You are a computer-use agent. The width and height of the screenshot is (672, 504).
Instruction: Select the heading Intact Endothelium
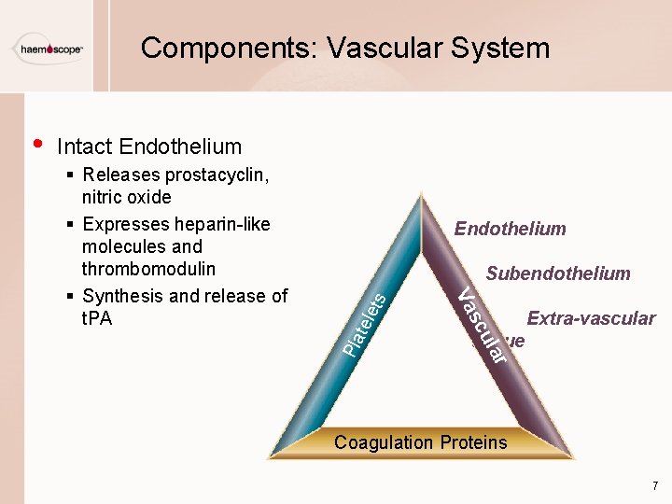coord(149,147)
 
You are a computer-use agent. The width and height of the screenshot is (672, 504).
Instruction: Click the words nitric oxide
coord(127,197)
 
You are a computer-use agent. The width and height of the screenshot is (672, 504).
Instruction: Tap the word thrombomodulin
coord(148,269)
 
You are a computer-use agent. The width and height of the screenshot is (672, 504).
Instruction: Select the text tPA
coord(97,318)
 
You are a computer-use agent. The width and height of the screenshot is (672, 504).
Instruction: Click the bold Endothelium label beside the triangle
coord(510,229)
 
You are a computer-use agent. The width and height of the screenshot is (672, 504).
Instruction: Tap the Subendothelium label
coord(558,273)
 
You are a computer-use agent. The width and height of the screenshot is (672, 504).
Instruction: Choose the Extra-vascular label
coord(591,318)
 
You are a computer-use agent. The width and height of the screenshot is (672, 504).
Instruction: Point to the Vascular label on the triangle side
coord(484,326)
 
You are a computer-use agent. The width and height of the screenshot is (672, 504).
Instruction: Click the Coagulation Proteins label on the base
coord(421,442)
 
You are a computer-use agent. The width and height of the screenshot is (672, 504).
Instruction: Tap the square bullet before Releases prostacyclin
coord(72,175)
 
